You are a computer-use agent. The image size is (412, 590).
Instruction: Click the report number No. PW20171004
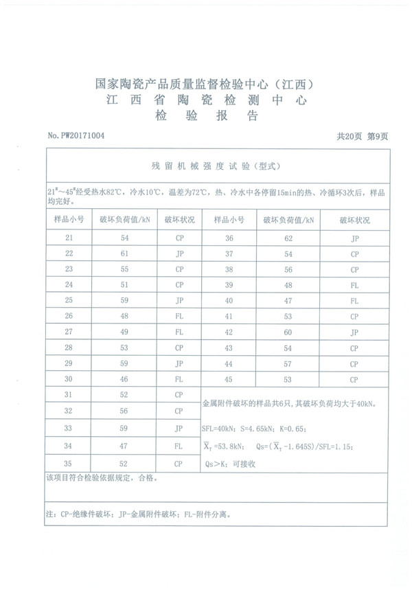click(76, 136)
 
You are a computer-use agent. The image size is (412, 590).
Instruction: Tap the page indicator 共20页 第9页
click(362, 136)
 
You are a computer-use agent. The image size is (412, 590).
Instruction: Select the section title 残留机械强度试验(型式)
click(216, 166)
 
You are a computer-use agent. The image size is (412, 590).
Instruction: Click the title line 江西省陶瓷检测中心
click(206, 100)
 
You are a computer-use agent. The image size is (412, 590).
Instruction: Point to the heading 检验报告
click(206, 116)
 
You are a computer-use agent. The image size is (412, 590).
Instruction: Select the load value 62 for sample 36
click(288, 238)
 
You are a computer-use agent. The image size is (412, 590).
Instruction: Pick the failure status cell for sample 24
click(179, 284)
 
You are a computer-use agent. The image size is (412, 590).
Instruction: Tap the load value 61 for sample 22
click(124, 253)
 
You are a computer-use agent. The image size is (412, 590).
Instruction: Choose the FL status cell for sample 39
click(354, 284)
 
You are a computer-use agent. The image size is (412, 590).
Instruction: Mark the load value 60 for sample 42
click(288, 332)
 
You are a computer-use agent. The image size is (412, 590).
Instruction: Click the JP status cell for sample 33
click(179, 428)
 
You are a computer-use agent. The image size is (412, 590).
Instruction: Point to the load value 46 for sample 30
click(124, 379)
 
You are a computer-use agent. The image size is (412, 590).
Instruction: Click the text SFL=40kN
click(218, 429)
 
